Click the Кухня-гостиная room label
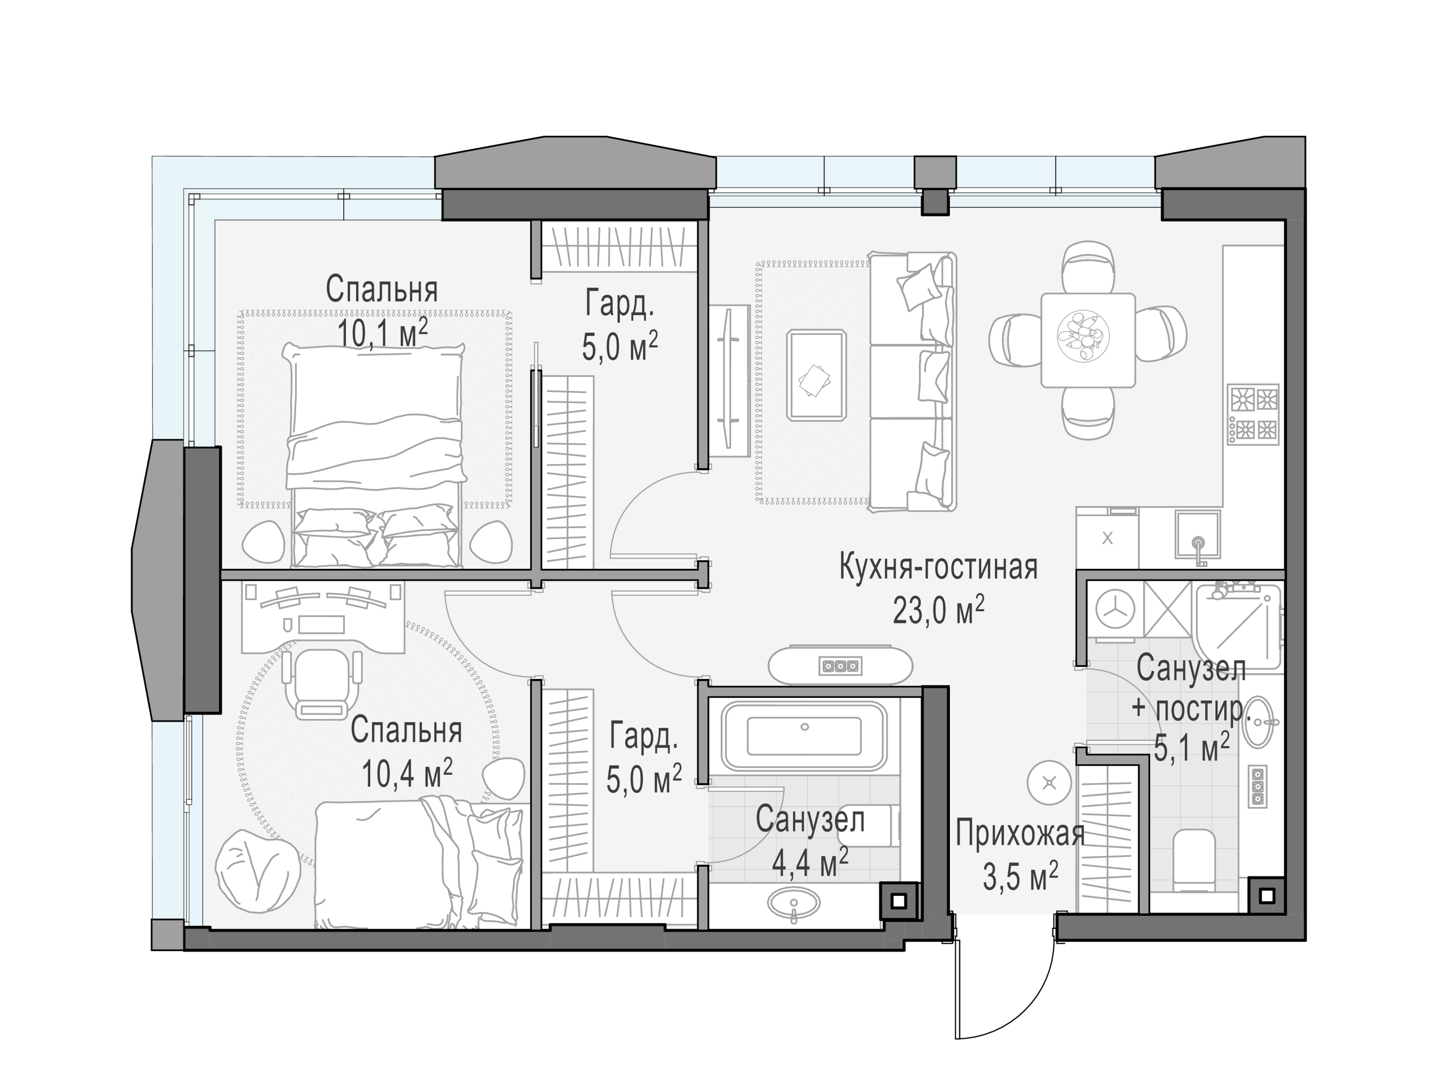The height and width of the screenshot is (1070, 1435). point(938,567)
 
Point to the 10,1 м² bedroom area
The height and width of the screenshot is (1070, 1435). point(382,333)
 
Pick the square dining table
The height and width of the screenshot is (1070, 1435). point(1088,340)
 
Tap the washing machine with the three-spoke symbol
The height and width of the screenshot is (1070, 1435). point(1115,611)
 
